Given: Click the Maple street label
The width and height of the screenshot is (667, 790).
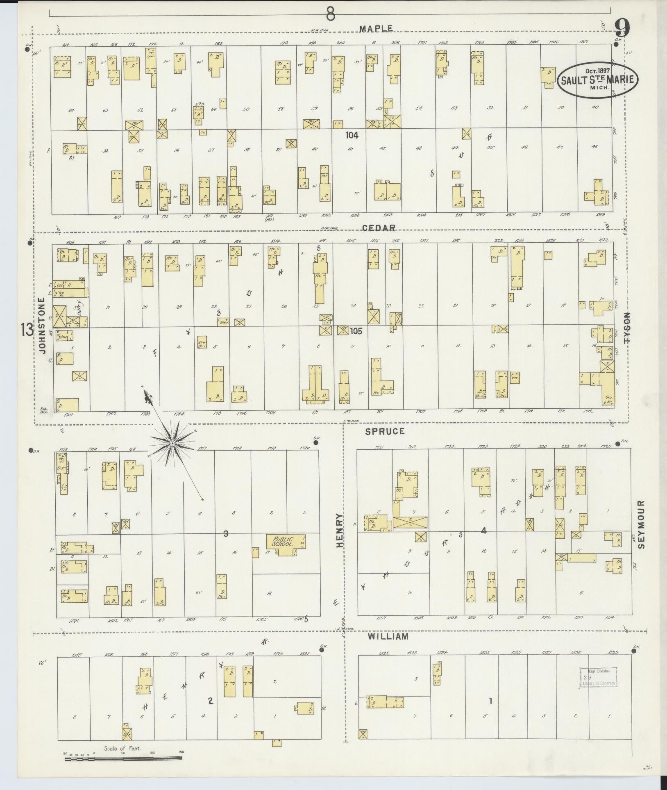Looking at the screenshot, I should click(x=376, y=28).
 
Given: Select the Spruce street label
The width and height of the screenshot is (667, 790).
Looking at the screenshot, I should click(x=385, y=431).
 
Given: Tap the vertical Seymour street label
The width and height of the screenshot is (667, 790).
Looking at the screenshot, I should click(x=641, y=524).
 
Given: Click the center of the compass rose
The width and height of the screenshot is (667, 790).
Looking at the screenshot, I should click(x=172, y=443).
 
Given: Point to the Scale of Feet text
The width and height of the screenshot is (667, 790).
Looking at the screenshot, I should click(x=122, y=748).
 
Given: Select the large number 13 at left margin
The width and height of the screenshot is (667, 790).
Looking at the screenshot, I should click(x=27, y=330).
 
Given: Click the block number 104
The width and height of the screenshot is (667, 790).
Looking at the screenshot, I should click(x=352, y=135).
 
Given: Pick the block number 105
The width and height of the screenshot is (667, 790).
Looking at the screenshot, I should click(x=356, y=331).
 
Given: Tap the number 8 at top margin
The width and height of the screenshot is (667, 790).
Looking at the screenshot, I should click(x=331, y=15).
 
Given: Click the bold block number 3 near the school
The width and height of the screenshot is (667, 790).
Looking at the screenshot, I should click(x=225, y=533).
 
